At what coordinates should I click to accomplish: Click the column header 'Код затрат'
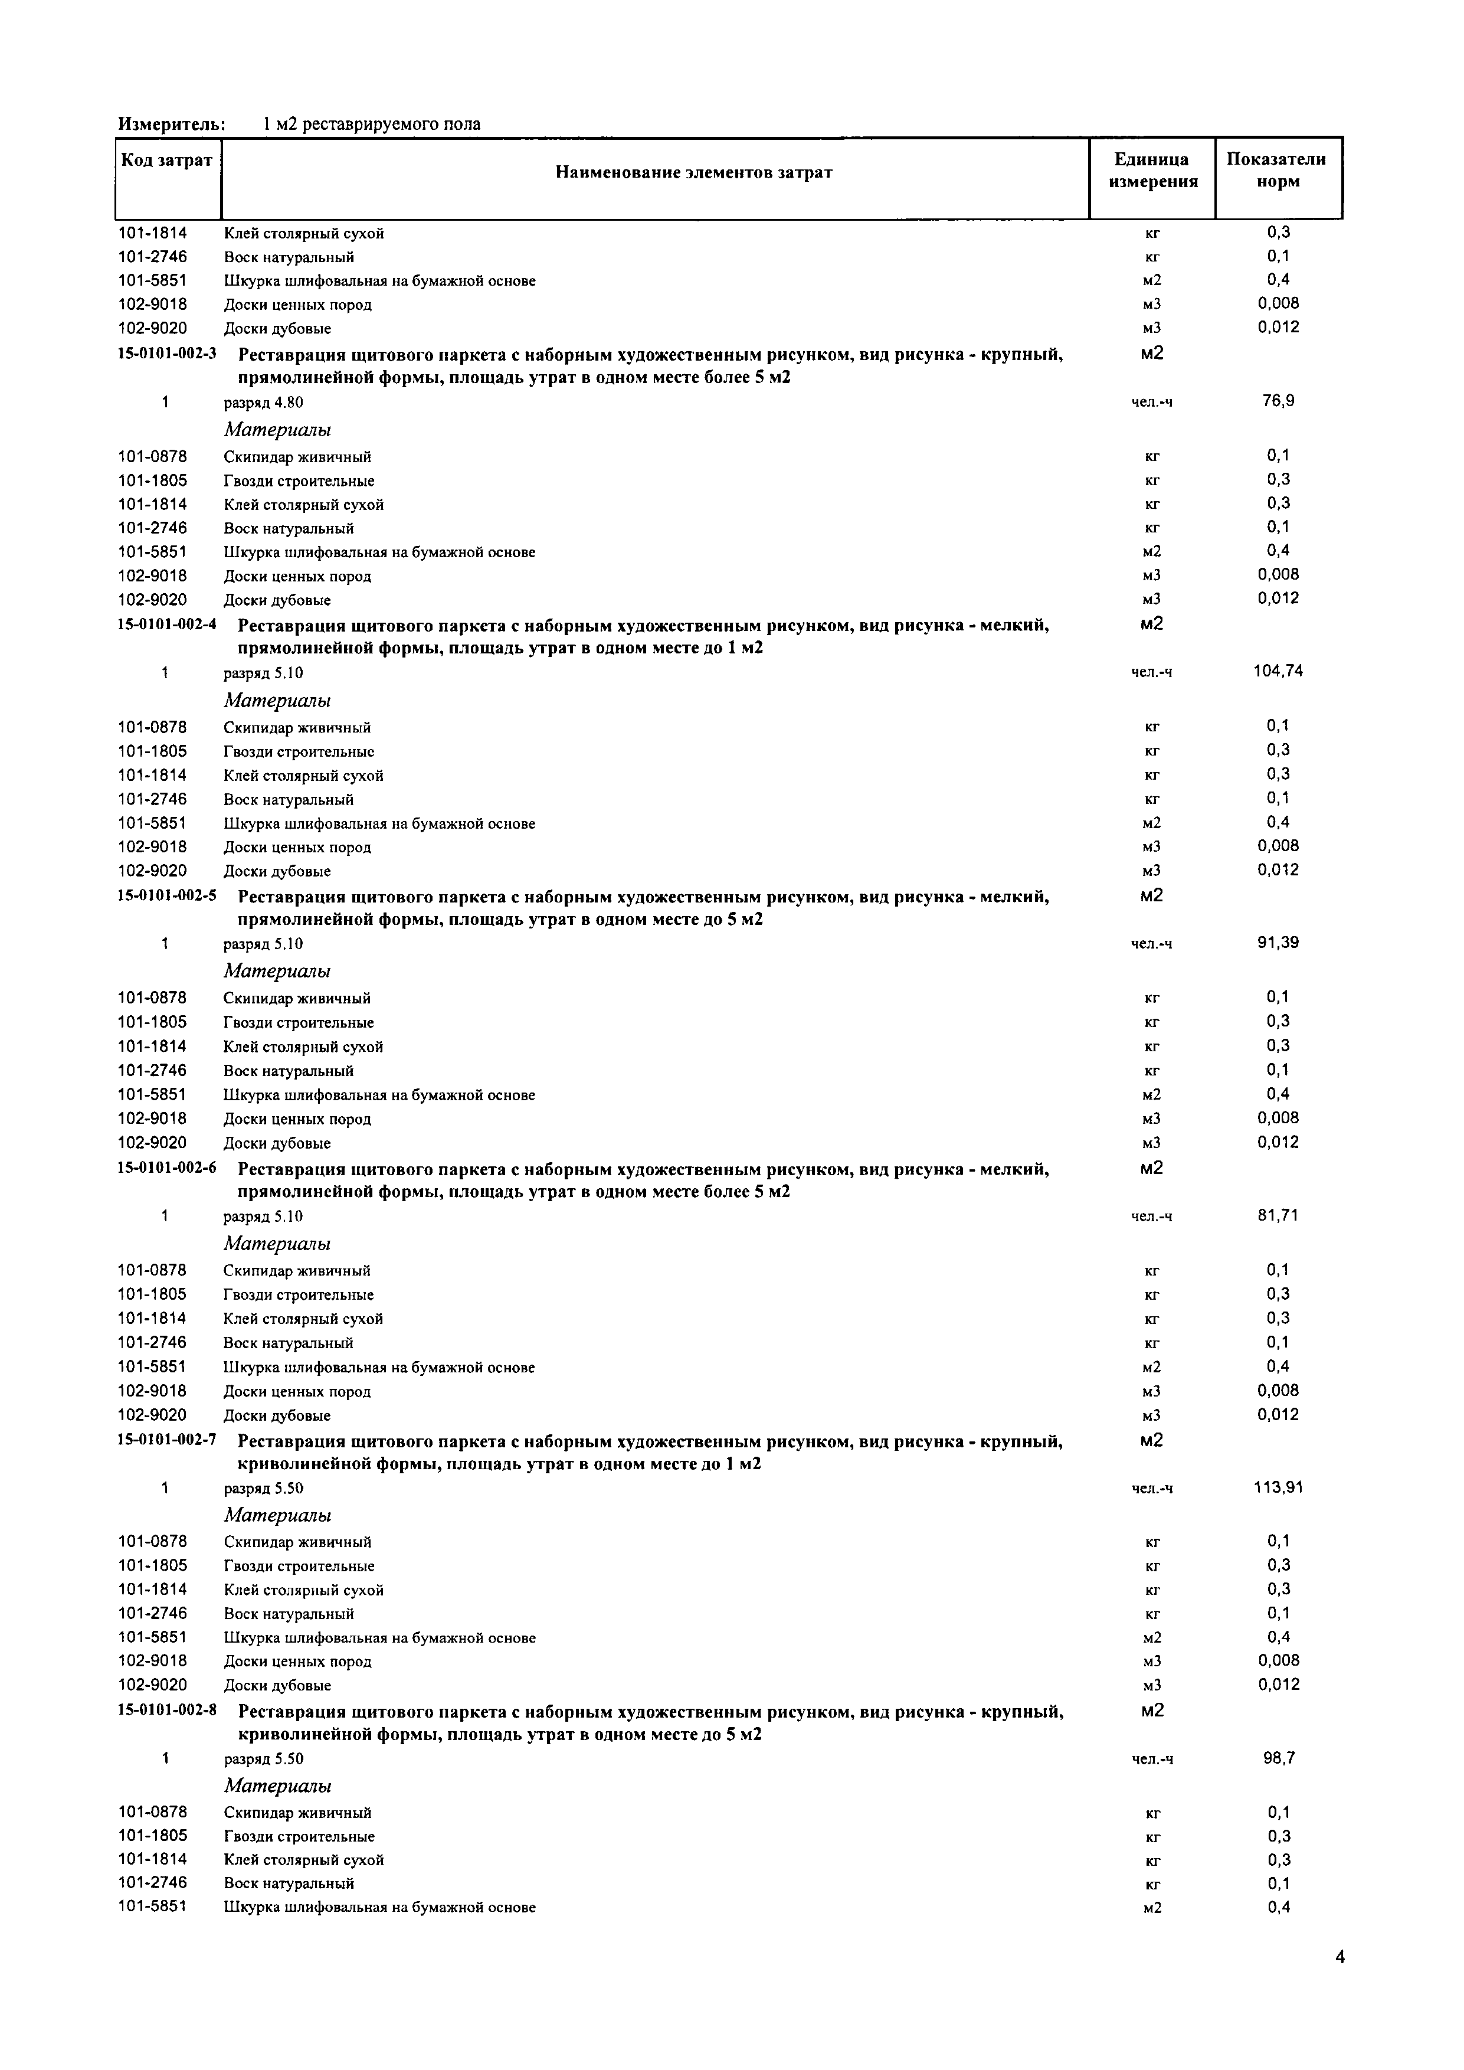click(167, 161)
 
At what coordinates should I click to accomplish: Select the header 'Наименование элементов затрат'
click(693, 172)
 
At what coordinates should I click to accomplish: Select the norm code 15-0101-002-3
click(167, 354)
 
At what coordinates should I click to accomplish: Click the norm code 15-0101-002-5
click(167, 896)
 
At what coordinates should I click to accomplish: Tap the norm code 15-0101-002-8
click(167, 1708)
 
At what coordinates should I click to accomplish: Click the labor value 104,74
click(1278, 671)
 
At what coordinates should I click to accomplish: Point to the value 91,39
click(1278, 943)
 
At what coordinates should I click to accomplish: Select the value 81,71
click(1278, 1215)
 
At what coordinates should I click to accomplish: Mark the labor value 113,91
click(1278, 1487)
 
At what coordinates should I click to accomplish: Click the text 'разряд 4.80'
click(263, 402)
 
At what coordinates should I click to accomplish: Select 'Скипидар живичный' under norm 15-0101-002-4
click(297, 728)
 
